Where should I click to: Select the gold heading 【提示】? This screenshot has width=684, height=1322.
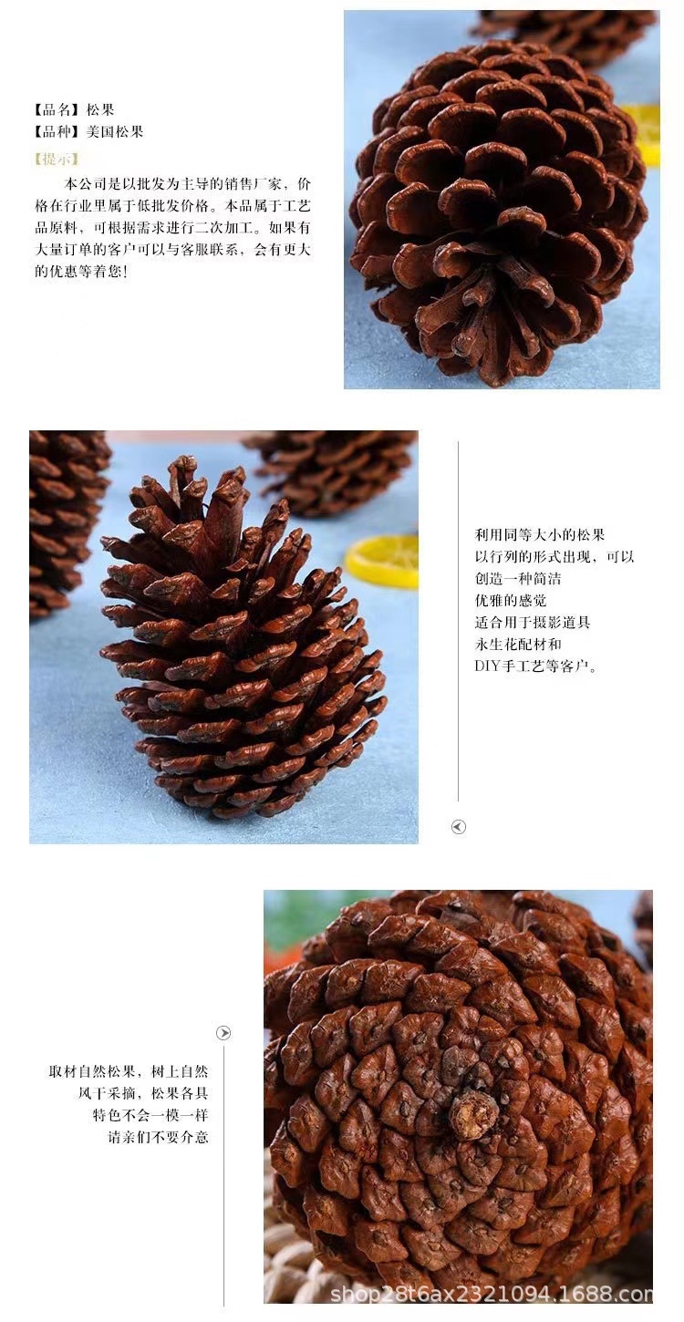click(56, 159)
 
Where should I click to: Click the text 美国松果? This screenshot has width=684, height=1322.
click(115, 132)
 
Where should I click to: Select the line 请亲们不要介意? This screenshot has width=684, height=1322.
click(159, 1137)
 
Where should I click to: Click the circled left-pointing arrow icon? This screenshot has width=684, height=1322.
click(459, 827)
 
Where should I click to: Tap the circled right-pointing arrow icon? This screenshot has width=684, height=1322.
click(223, 1033)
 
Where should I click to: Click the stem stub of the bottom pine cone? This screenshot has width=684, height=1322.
click(473, 1114)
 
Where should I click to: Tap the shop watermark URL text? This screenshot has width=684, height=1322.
click(491, 1295)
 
